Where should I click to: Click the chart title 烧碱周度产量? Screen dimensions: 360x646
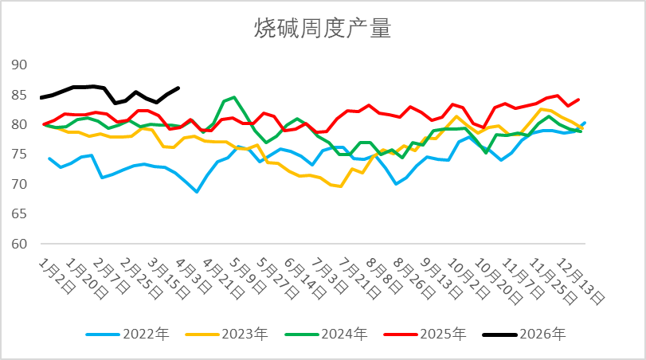323,29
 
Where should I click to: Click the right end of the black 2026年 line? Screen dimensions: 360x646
178,88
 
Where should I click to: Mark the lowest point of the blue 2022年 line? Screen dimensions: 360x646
197,192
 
